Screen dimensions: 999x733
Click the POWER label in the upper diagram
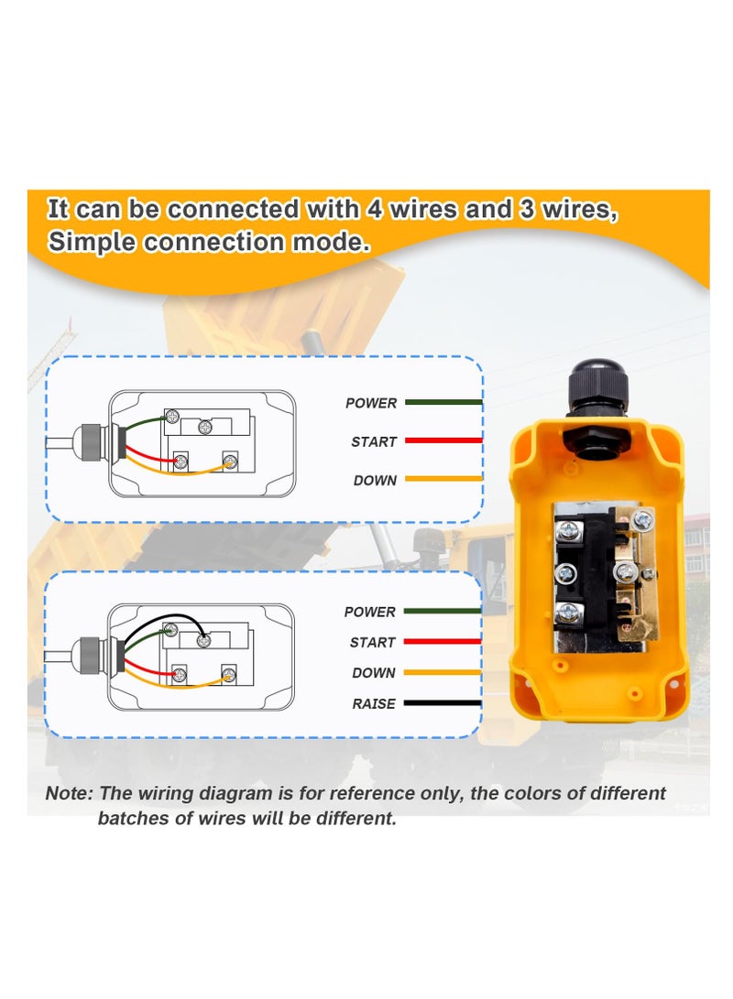pos(371,403)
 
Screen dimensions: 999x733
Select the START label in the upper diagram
pos(374,441)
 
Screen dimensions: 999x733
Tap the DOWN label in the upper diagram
pos(375,480)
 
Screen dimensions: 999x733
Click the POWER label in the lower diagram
pos(370,612)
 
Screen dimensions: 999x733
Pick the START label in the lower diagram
pos(372,642)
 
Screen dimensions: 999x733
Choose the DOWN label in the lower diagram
pos(374,673)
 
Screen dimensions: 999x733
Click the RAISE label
pos(374,704)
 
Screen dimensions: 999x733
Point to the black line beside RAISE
pos(442,704)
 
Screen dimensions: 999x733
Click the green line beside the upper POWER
pos(443,402)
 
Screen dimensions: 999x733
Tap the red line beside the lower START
pos(442,642)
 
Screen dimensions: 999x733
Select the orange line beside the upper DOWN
pos(443,479)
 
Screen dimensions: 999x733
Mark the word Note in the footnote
pos(69,793)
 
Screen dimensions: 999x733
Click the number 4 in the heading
pos(375,210)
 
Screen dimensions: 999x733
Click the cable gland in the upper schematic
pos(93,445)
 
